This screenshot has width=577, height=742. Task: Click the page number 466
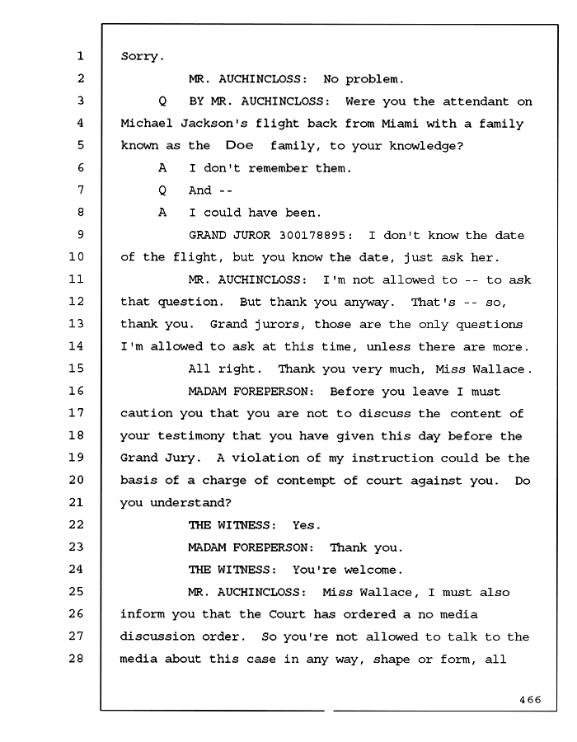530,700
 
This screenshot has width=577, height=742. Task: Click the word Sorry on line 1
139,56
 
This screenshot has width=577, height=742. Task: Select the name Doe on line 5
239,146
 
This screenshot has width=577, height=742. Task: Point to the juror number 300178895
316,235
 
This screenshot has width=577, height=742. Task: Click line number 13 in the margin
77,324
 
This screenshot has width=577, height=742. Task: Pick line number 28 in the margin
77,658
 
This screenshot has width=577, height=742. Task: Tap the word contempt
307,481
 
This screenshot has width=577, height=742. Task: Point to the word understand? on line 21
190,503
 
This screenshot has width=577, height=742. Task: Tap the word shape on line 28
392,660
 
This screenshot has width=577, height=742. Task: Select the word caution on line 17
146,414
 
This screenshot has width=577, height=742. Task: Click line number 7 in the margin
81,190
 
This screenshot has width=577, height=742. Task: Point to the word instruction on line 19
392,458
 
